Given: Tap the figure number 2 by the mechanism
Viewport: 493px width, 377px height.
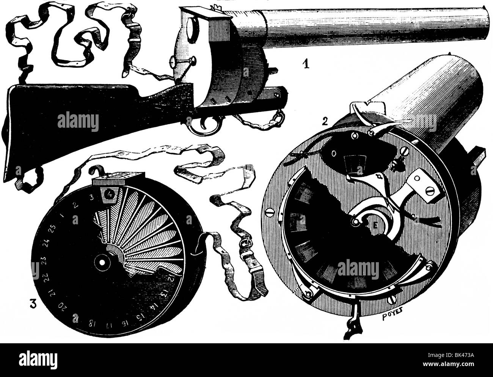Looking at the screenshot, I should [324, 122].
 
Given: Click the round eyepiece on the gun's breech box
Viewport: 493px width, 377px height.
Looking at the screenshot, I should [190, 27].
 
